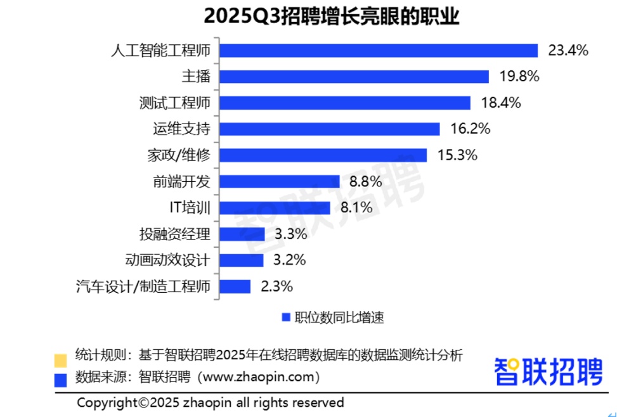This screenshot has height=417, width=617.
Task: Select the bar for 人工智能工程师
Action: click(x=379, y=50)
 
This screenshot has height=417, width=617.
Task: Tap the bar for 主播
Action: click(x=354, y=77)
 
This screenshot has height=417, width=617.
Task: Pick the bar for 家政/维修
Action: click(x=323, y=155)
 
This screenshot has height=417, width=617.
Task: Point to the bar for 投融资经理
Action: click(x=242, y=234)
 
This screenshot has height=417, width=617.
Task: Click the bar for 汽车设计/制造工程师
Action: click(x=235, y=286)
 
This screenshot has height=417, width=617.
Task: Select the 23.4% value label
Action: click(x=568, y=50)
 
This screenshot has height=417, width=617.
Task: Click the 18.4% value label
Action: click(x=500, y=103)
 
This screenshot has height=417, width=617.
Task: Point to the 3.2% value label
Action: click(x=290, y=260)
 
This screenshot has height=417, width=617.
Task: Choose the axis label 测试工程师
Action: click(x=174, y=103)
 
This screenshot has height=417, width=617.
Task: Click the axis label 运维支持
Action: click(x=181, y=129)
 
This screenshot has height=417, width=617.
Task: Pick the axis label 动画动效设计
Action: click(x=167, y=260)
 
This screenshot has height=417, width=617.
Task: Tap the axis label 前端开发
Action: click(x=181, y=182)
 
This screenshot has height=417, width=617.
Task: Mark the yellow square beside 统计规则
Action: click(x=61, y=359)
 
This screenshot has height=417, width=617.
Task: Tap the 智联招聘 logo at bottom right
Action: click(x=549, y=371)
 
